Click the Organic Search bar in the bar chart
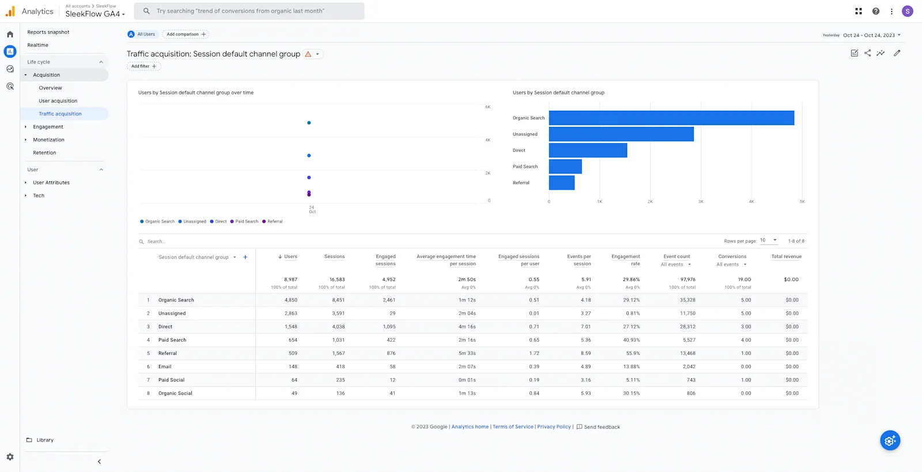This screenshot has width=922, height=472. [671, 118]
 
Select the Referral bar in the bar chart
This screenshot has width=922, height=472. [562, 183]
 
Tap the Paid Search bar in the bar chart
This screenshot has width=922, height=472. [565, 167]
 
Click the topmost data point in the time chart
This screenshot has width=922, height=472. [309, 123]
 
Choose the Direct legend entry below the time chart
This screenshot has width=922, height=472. [218, 221]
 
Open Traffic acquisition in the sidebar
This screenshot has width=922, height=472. [60, 114]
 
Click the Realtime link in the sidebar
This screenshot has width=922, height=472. [37, 45]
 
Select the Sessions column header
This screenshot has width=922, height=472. [334, 256]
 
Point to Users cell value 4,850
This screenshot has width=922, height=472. [291, 300]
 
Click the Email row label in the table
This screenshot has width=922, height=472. [165, 367]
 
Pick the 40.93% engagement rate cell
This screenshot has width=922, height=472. [631, 340]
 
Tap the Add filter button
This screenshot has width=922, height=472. [143, 66]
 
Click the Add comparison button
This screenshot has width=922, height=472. [186, 34]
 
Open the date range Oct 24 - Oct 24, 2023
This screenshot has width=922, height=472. [871, 35]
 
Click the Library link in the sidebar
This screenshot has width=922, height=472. [44, 440]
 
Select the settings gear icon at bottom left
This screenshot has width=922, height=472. [10, 456]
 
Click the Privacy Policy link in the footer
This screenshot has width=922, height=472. [554, 426]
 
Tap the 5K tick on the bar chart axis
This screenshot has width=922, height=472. [802, 202]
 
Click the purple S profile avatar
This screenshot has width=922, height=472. [907, 11]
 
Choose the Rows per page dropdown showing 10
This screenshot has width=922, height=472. [768, 240]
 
